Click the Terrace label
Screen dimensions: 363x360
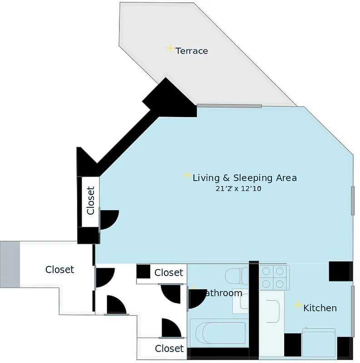192,51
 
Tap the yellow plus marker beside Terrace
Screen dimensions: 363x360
170,48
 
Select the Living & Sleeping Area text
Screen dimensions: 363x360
244,177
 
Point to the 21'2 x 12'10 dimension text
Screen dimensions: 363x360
238,189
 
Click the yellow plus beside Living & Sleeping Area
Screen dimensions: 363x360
187,175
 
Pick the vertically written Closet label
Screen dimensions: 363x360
90,201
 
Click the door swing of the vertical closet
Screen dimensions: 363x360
108,219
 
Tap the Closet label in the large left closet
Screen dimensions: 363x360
59,270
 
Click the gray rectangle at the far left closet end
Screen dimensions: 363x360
10,264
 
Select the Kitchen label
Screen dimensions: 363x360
320,308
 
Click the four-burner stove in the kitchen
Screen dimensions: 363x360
274,277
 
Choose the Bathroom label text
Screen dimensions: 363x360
222,293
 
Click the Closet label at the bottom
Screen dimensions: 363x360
169,348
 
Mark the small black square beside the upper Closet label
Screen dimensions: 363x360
143,271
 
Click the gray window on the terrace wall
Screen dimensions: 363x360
229,106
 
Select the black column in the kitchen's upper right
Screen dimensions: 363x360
340,271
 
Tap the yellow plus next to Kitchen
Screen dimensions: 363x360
298,305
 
